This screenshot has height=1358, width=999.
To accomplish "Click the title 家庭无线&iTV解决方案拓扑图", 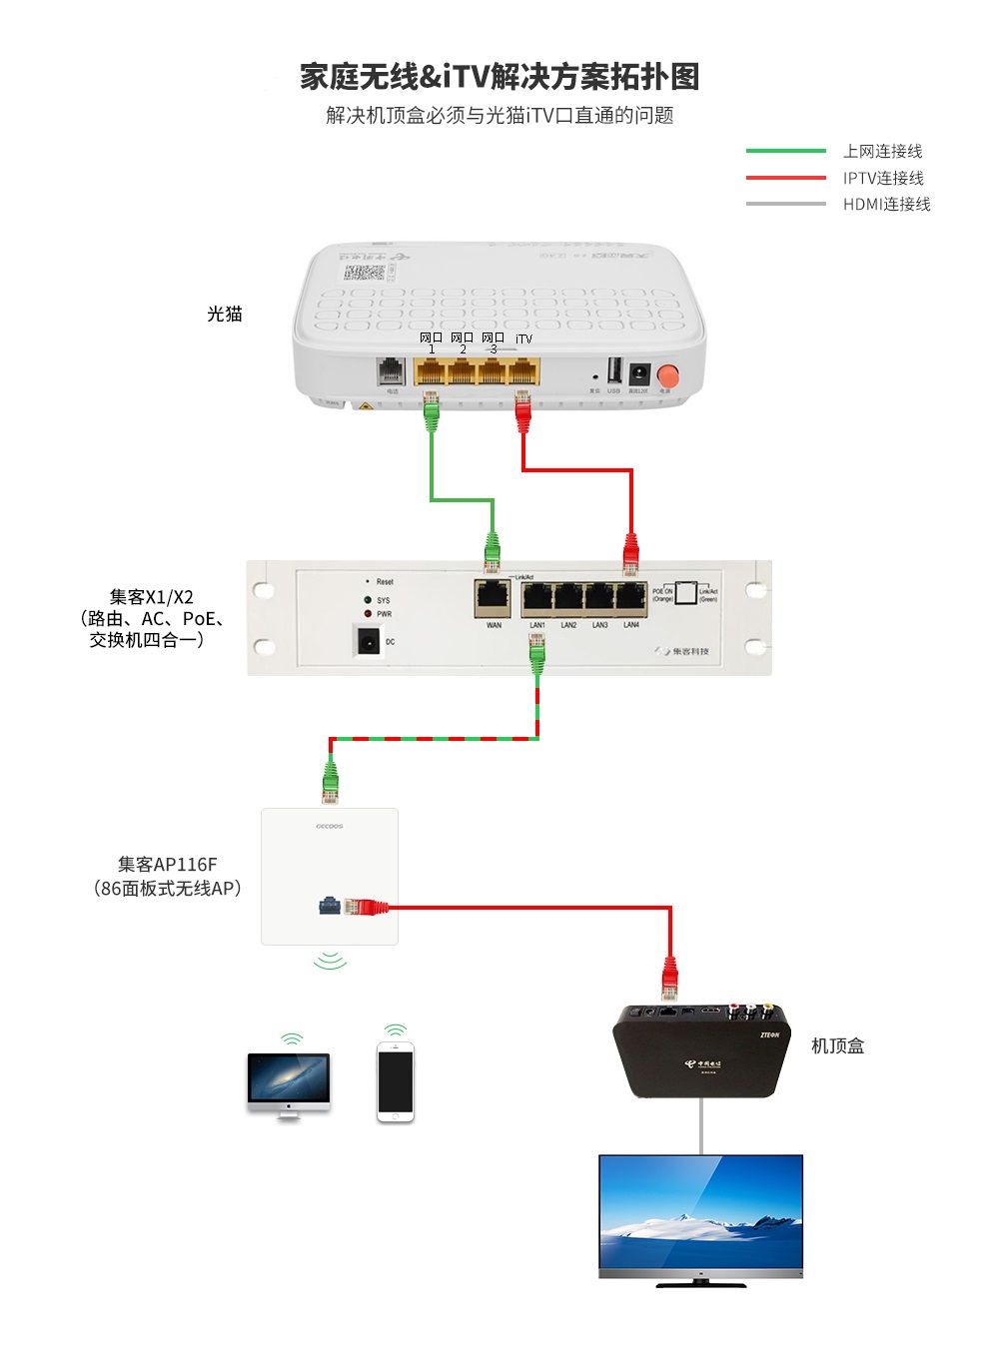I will (499, 76).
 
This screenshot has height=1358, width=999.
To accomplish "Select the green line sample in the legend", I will (785, 151).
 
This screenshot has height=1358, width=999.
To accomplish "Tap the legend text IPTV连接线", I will (883, 178).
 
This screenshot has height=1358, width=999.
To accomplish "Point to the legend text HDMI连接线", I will (886, 204).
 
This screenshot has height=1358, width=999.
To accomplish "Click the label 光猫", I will (225, 314).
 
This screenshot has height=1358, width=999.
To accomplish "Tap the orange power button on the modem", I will (667, 375).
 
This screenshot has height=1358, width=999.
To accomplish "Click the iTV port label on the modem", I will (523, 339).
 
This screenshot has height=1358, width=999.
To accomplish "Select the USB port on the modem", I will (614, 370).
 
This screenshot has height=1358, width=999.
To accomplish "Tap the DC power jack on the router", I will (369, 641).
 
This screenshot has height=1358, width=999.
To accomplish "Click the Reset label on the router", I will (385, 581).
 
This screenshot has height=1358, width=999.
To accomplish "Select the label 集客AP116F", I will (167, 864).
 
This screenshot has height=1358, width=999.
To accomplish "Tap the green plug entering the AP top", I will (331, 781).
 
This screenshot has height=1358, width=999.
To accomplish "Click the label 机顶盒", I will (837, 1045).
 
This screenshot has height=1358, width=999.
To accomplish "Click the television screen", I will (700, 1212).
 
